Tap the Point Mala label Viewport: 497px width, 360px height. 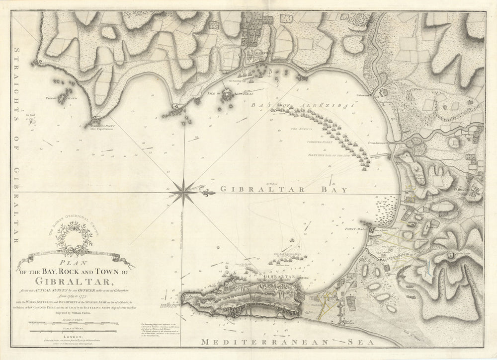pos(353,229)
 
